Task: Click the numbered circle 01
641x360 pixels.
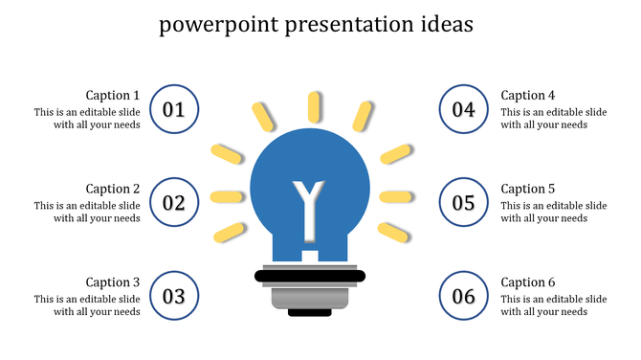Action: click(174, 109)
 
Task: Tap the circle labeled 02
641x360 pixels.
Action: click(174, 203)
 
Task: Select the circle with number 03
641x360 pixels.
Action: click(174, 296)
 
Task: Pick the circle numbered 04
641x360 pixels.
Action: click(463, 109)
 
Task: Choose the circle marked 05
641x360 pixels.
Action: click(463, 203)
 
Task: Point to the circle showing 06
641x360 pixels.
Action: click(463, 296)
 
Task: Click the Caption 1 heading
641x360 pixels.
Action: click(113, 95)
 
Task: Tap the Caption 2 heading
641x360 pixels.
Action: click(113, 189)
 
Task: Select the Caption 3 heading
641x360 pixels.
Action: click(113, 282)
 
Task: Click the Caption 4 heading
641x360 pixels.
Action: click(528, 95)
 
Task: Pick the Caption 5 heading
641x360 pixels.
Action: click(528, 189)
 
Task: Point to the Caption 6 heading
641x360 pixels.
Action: click(528, 282)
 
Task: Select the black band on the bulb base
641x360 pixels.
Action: click(310, 277)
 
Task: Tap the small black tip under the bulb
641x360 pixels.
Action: click(310, 312)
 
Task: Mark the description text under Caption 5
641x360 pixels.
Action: click(554, 212)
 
